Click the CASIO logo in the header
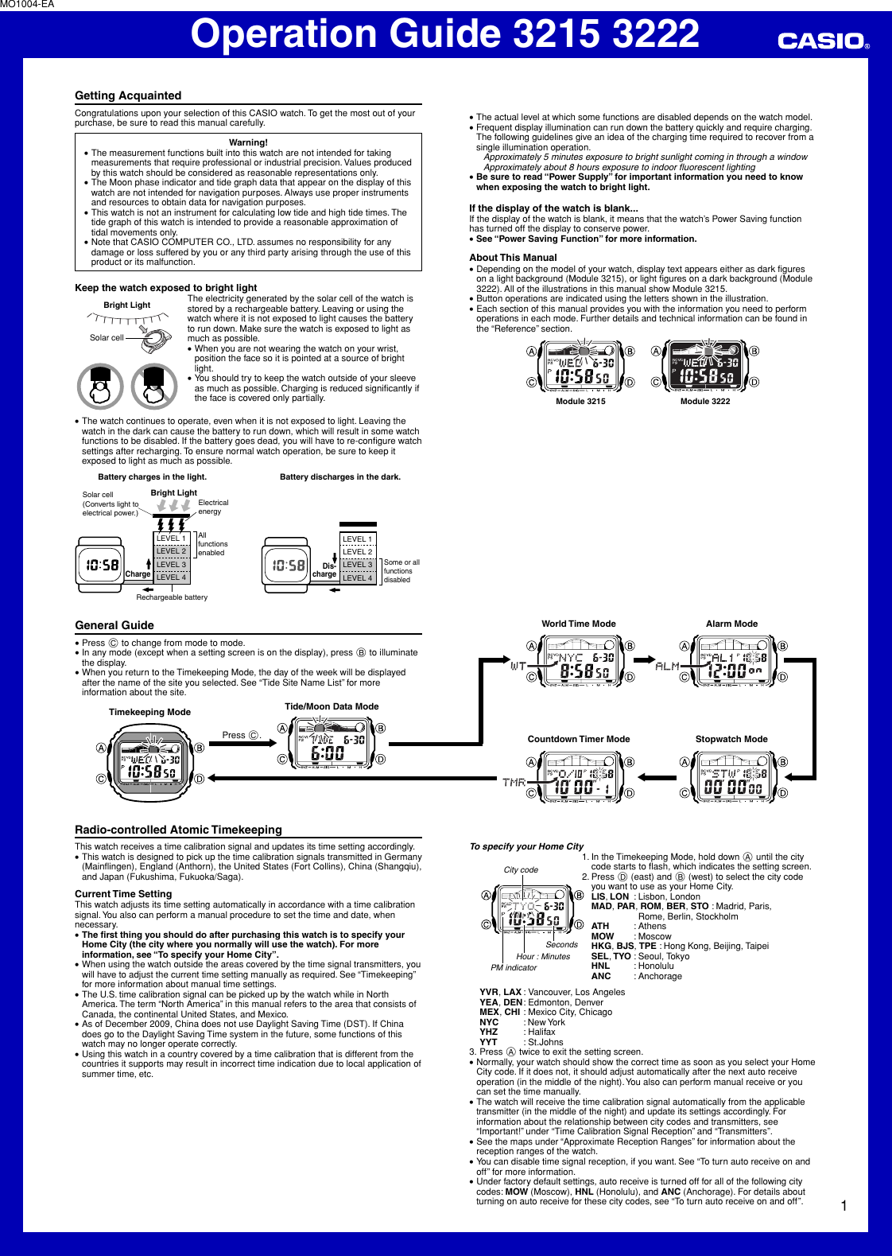point(822,41)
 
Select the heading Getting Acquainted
point(128,95)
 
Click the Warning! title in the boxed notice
point(248,142)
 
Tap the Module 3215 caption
point(580,402)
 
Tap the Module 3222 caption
point(704,402)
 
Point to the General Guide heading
point(114,625)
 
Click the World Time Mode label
point(579,624)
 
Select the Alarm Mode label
point(731,624)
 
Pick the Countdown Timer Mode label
point(579,739)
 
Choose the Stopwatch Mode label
point(731,739)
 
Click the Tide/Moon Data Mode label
point(332,706)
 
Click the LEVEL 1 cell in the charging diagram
point(171,539)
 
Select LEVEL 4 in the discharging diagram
point(357,577)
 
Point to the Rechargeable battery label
point(172,597)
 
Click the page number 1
point(844,1206)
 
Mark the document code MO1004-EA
point(27,5)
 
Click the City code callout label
point(521,870)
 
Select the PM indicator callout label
point(514,968)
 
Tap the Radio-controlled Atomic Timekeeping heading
point(178,830)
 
